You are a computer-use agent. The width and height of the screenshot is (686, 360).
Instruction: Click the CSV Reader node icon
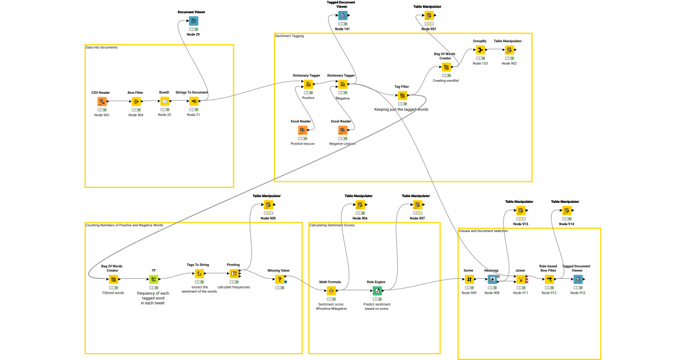pyautogui.click(x=102, y=102)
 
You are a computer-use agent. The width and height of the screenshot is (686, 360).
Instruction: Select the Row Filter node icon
pyautogui.click(x=135, y=102)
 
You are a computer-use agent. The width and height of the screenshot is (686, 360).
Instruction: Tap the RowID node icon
pyautogui.click(x=165, y=102)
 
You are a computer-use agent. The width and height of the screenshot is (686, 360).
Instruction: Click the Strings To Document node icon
pyautogui.click(x=193, y=102)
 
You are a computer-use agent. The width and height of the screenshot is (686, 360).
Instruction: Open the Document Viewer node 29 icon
pyautogui.click(x=193, y=21)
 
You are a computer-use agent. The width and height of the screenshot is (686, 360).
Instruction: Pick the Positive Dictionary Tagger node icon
pyautogui.click(x=308, y=85)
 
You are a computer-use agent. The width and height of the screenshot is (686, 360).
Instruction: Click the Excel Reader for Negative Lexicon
pyautogui.click(x=342, y=130)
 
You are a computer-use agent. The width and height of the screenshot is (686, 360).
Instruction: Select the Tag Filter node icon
pyautogui.click(x=402, y=96)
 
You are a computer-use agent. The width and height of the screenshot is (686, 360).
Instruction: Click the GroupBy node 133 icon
pyautogui.click(x=480, y=50)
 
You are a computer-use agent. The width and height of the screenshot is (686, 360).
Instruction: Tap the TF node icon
pyautogui.click(x=154, y=279)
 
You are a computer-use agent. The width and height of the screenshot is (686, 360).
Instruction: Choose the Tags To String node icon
pyautogui.click(x=199, y=274)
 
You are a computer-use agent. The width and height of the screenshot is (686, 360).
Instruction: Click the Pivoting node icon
pyautogui.click(x=233, y=274)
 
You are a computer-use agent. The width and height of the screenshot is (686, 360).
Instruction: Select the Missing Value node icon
pyautogui.click(x=279, y=279)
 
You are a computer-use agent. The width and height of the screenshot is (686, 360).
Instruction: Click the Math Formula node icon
pyautogui.click(x=331, y=291)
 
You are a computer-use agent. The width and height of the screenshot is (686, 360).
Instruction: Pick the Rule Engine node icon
pyautogui.click(x=377, y=291)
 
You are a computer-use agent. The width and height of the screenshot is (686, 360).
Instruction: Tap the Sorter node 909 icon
pyautogui.click(x=469, y=279)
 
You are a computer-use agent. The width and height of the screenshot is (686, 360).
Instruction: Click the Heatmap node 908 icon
pyautogui.click(x=492, y=279)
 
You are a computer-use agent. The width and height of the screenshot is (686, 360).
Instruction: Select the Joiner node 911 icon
pyautogui.click(x=520, y=279)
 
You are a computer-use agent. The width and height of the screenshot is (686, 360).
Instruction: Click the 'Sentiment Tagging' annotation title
pyautogui.click(x=290, y=36)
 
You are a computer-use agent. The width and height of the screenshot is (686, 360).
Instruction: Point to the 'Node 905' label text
pyautogui.click(x=268, y=218)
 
